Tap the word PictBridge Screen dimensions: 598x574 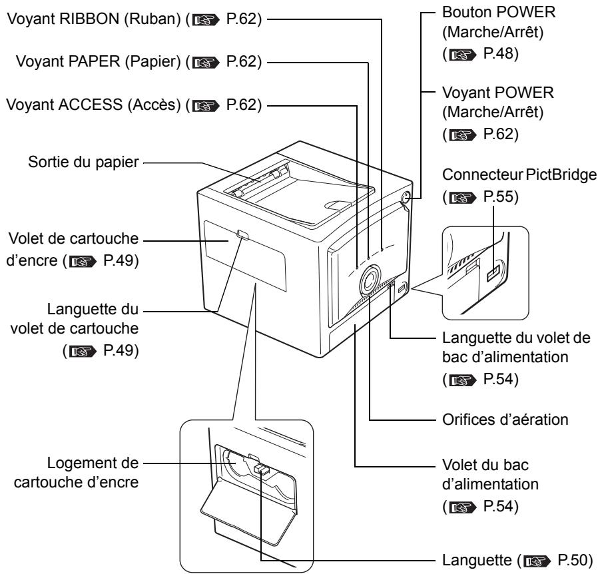[561, 175]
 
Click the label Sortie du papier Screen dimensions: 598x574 [83, 162]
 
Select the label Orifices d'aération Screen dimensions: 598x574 [505, 420]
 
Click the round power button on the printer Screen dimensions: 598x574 [406, 197]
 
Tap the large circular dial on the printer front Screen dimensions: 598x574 [369, 280]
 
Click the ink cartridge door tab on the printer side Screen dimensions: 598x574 [242, 235]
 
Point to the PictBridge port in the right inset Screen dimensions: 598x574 [492, 273]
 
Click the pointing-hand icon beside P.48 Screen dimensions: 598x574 [463, 55]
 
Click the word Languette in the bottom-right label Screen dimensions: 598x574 [477, 560]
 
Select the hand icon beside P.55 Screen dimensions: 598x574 [463, 198]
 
